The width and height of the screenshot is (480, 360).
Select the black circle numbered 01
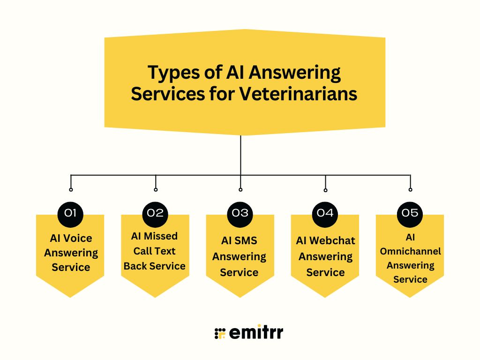(x=70, y=213)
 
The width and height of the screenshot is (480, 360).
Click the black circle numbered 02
(x=155, y=213)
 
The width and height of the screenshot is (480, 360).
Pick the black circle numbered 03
(x=240, y=213)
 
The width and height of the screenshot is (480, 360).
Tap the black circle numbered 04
(x=325, y=213)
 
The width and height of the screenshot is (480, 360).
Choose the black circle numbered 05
(x=410, y=213)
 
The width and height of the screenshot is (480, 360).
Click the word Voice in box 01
(x=78, y=238)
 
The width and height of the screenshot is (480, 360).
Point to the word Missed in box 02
(x=161, y=236)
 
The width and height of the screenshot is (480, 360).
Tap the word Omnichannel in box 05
(x=410, y=251)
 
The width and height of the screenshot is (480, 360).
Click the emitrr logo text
(x=256, y=333)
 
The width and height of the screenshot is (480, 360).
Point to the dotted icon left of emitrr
(x=220, y=333)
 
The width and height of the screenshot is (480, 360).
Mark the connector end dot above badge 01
(x=71, y=189)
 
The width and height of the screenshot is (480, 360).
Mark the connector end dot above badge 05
(x=410, y=189)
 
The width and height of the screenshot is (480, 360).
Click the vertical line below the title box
(x=240, y=155)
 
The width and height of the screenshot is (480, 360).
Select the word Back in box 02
(x=135, y=266)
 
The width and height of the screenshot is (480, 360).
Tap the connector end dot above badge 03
(x=240, y=189)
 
